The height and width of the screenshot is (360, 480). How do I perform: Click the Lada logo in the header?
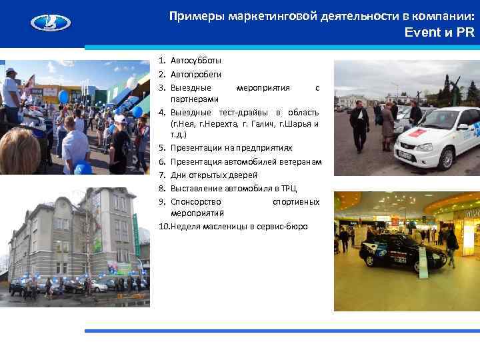point(50,23)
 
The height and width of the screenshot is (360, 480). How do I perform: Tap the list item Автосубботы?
point(196,61)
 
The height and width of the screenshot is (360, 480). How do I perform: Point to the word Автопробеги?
point(196,74)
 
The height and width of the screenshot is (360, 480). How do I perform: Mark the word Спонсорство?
point(197,201)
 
